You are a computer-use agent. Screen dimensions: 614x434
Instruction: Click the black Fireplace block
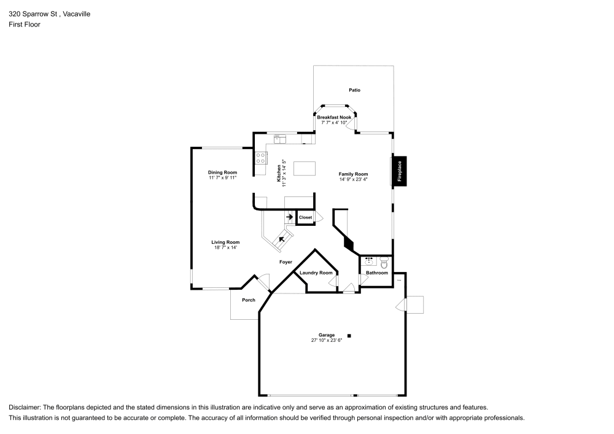pyautogui.click(x=400, y=171)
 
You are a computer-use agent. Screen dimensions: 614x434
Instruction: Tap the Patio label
pyautogui.click(x=354, y=90)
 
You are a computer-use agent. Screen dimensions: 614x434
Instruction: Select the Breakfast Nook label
pyautogui.click(x=334, y=117)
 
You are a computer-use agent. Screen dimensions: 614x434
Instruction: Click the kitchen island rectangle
pyautogui.click(x=305, y=169)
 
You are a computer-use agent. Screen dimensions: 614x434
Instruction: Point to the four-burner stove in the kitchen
pyautogui.click(x=261, y=158)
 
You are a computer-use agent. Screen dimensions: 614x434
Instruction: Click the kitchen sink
pyautogui.click(x=280, y=139)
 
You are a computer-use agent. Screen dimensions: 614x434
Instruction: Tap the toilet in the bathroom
pyautogui.click(x=384, y=262)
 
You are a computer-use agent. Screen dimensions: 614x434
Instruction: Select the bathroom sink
pyautogui.click(x=368, y=261)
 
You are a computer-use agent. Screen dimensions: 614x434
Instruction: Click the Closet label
pyautogui.click(x=305, y=217)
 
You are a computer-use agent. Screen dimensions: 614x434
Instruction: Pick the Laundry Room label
pyautogui.click(x=316, y=273)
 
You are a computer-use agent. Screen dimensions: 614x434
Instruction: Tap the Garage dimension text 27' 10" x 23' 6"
pyautogui.click(x=327, y=341)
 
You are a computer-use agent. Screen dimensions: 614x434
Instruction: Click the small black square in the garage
pyautogui.click(x=349, y=336)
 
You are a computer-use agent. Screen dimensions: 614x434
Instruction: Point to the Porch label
pyautogui.click(x=249, y=300)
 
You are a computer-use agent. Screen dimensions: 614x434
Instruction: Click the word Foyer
pyautogui.click(x=286, y=262)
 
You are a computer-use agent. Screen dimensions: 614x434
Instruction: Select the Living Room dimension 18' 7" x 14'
pyautogui.click(x=225, y=247)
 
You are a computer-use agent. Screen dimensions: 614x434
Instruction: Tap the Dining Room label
pyautogui.click(x=222, y=172)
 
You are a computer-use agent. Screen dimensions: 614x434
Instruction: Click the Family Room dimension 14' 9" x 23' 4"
pyautogui.click(x=353, y=180)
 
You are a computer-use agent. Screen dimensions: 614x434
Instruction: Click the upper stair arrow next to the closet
pyautogui.click(x=290, y=217)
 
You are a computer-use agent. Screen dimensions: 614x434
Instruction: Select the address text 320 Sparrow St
pyautogui.click(x=33, y=14)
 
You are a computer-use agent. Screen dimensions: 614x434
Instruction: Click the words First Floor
pyautogui.click(x=25, y=25)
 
